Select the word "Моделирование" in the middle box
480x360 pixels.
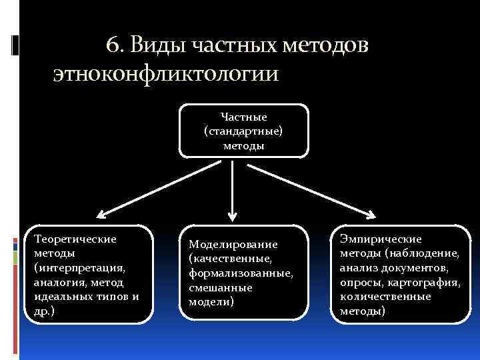[x=233, y=244]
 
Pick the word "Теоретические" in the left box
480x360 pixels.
[x=75, y=238]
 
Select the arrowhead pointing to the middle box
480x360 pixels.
[x=232, y=216]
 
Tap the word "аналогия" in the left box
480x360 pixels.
[x=56, y=282]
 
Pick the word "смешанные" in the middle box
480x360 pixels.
[x=219, y=287]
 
